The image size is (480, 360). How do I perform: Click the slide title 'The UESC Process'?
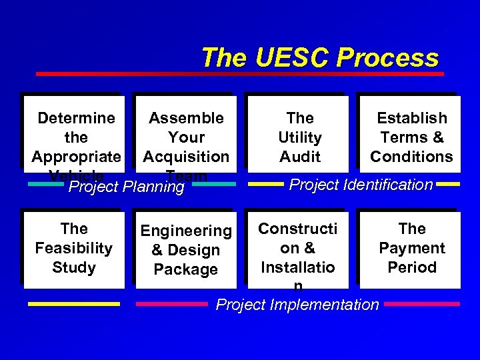tap(319, 58)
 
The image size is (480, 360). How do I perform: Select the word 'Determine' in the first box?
tap(76, 119)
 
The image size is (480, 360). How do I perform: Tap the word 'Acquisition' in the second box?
tap(186, 157)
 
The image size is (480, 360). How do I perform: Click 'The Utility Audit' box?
tap(299, 137)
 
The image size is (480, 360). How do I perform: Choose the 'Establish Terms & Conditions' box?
tap(411, 137)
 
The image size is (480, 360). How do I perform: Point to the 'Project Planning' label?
tap(127, 187)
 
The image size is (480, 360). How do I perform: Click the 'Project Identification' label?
tap(361, 185)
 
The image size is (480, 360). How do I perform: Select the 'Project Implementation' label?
tap(297, 305)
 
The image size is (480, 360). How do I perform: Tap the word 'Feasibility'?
tap(73, 249)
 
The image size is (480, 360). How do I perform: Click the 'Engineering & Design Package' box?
tap(186, 250)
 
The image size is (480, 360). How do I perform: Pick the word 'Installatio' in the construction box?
tap(298, 267)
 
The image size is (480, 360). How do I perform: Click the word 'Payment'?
tap(411, 248)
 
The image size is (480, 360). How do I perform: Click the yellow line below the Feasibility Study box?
tap(74, 304)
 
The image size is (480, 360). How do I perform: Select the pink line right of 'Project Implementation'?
tap(421, 304)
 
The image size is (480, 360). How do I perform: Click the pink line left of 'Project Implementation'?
tap(172, 304)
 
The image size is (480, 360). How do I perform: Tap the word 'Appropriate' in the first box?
tap(76, 157)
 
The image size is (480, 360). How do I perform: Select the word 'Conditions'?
tap(411, 157)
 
